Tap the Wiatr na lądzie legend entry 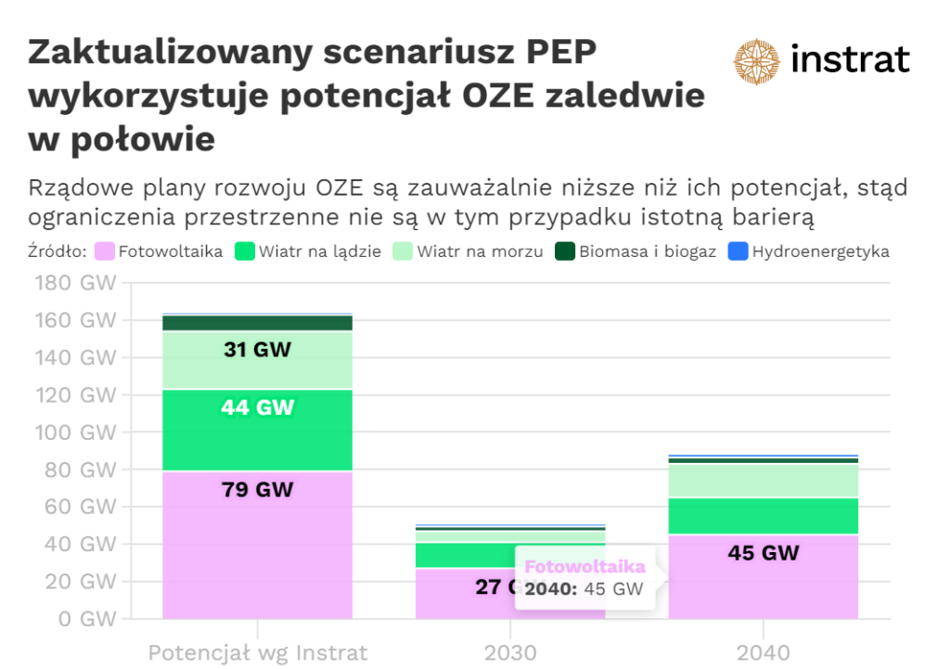[308, 251]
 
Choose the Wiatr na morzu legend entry [469, 251]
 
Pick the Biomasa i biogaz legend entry [635, 251]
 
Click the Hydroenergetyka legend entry [808, 251]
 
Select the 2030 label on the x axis [510, 652]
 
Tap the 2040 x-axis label [764, 652]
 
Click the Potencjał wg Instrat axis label [258, 652]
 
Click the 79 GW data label [258, 489]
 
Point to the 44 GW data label [258, 407]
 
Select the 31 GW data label [258, 350]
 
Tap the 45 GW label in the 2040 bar [764, 553]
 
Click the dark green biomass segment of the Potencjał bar [258, 323]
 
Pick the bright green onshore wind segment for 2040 [764, 516]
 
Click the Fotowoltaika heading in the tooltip [584, 566]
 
